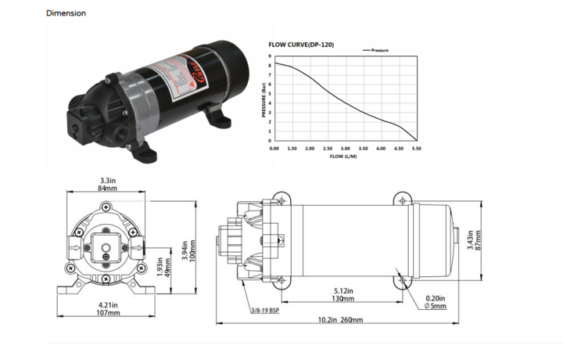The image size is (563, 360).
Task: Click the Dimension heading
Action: (x=66, y=13)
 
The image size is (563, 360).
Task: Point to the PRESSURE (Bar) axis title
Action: (x=264, y=99)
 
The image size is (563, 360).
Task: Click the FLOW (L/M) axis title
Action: (x=345, y=156)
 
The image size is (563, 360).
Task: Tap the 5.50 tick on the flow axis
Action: (x=416, y=148)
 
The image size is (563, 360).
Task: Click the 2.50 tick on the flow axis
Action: (x=327, y=148)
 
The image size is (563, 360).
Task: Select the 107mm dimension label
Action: (x=108, y=313)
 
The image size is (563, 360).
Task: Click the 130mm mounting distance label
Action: (x=342, y=299)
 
